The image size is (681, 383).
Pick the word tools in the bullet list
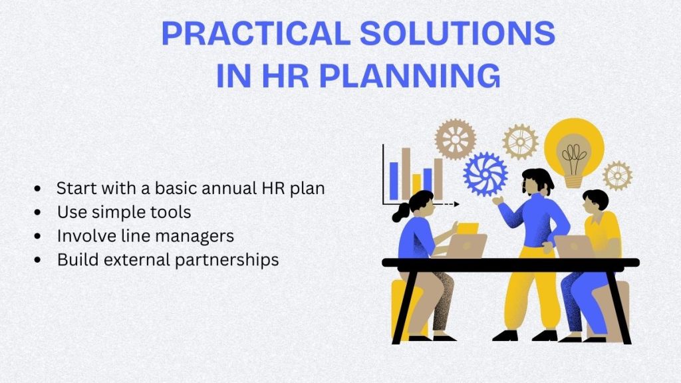pyautogui.click(x=172, y=212)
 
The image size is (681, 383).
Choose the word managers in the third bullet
pyautogui.click(x=200, y=236)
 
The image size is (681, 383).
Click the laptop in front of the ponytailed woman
pyautogui.click(x=464, y=246)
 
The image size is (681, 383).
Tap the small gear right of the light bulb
pyautogui.click(x=617, y=176)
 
